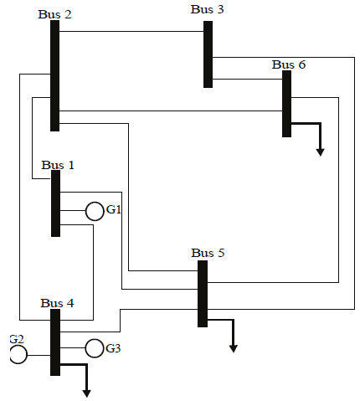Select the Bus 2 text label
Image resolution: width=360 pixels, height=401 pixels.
click(x=54, y=14)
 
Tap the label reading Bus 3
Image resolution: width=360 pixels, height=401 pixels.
click(x=207, y=9)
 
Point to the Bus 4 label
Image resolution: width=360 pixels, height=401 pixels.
click(x=57, y=302)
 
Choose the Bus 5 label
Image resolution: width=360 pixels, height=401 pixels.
click(x=208, y=253)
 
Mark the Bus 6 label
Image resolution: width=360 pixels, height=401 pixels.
click(x=289, y=64)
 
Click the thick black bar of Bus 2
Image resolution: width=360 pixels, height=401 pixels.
click(x=54, y=75)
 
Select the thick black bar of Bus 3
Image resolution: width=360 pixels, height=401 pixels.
click(x=208, y=54)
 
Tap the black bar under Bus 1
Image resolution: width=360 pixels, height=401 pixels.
click(x=55, y=203)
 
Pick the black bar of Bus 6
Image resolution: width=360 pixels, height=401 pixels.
click(x=286, y=104)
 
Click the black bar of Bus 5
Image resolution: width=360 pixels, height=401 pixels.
click(x=202, y=293)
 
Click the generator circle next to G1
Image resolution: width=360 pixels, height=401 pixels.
click(x=95, y=211)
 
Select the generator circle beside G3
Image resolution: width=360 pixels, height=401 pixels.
click(x=94, y=347)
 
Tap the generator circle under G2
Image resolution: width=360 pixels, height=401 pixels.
click(x=18, y=354)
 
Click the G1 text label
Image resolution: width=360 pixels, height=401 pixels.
click(x=114, y=209)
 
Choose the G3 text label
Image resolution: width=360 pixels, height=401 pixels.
click(x=114, y=347)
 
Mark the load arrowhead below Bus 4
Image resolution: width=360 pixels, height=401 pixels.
click(x=85, y=391)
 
